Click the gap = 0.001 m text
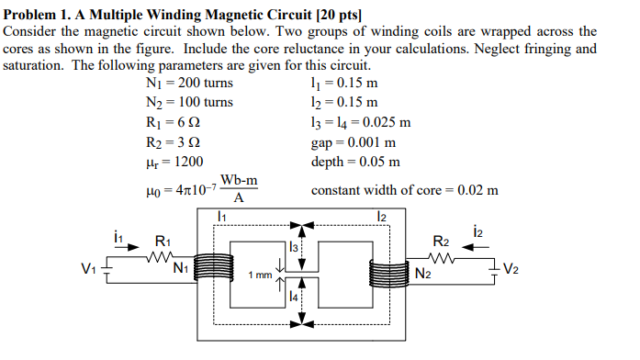[354, 142]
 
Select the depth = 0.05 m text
[355, 162]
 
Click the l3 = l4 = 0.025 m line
[360, 122]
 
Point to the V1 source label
[88, 270]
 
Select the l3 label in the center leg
[293, 247]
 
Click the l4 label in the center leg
[292, 298]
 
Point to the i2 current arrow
[484, 246]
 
